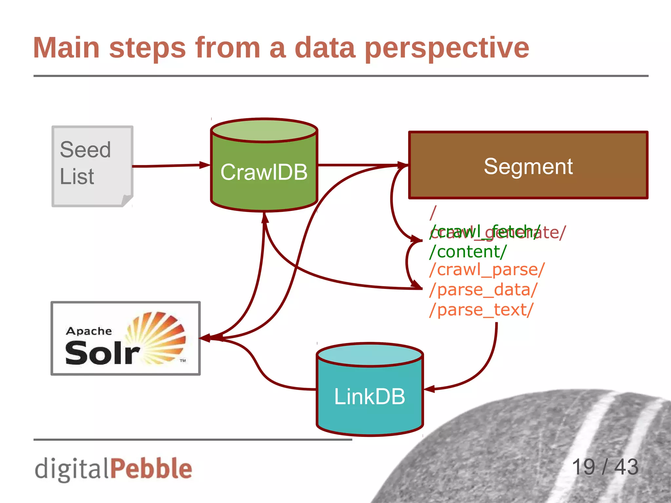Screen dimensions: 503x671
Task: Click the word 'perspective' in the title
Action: tap(447, 48)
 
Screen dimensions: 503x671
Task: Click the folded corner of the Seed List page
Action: tap(127, 200)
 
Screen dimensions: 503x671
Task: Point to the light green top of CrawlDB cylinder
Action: tap(264, 130)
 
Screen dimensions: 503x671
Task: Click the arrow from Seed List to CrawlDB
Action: tap(170, 166)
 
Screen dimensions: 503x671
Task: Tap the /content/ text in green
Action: tap(468, 252)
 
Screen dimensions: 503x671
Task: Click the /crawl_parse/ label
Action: tap(487, 270)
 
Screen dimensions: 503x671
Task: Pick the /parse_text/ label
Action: tap(481, 310)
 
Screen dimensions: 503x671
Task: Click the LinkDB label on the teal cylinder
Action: tap(370, 397)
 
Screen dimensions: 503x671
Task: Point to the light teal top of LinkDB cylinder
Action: tap(370, 355)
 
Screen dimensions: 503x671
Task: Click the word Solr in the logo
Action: tap(102, 353)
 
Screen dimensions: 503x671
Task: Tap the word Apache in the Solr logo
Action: tap(89, 331)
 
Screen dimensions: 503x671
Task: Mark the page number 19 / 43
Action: tap(605, 467)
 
